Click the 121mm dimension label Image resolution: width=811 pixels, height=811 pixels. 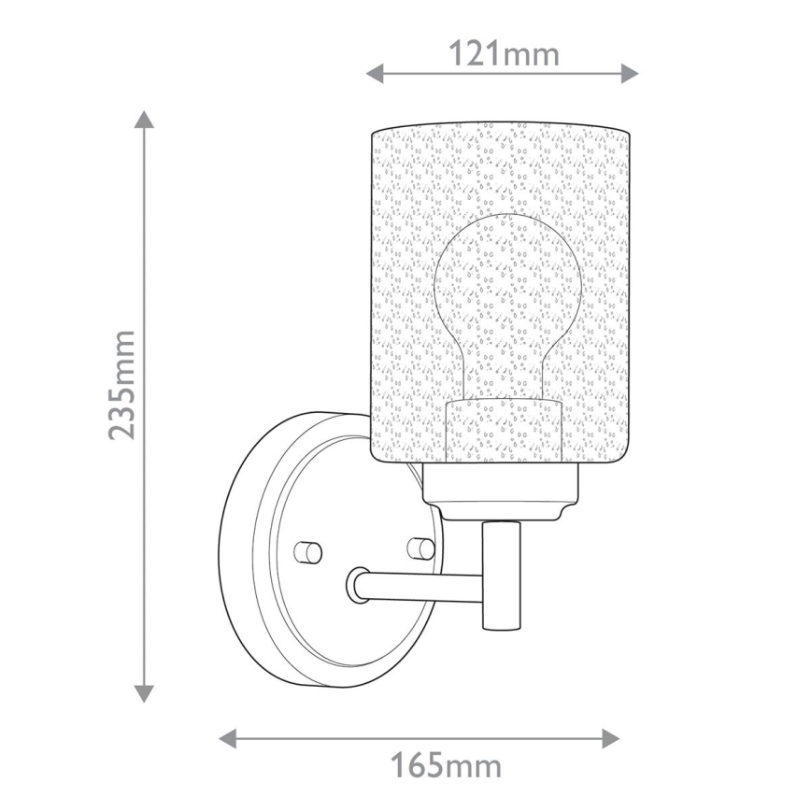click(x=504, y=54)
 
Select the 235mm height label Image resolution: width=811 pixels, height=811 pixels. click(x=123, y=384)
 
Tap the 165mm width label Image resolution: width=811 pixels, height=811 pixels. click(x=445, y=767)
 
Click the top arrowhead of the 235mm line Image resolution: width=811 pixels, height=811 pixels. click(x=143, y=120)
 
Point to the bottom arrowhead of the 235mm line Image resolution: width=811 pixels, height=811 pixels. click(x=143, y=692)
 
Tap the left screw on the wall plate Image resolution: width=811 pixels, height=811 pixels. click(x=306, y=549)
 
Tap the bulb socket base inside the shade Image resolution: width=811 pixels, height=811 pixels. click(x=505, y=432)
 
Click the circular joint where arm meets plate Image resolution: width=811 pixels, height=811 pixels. click(x=359, y=585)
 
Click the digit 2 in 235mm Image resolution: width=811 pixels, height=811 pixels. click(x=123, y=425)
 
